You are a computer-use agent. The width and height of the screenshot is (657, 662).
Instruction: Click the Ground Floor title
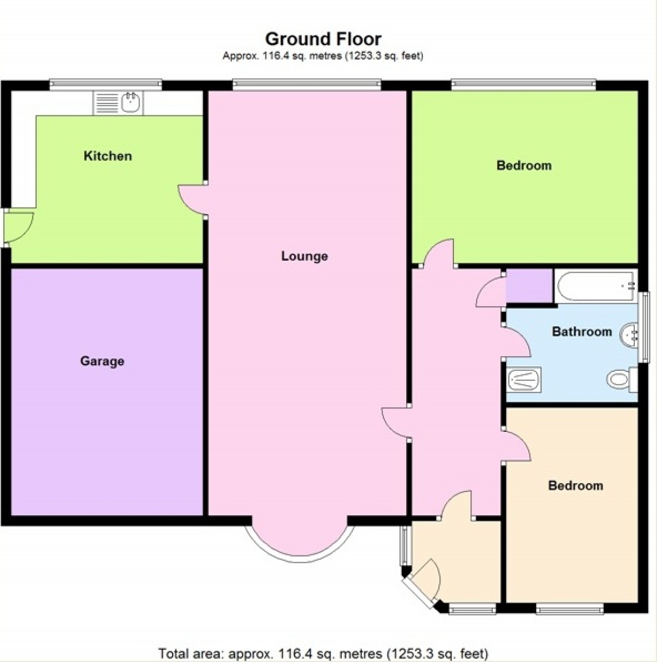[x=323, y=39]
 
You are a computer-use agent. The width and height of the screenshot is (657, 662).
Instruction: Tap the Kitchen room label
[x=108, y=156]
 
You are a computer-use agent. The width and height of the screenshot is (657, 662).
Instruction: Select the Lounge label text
[x=304, y=256]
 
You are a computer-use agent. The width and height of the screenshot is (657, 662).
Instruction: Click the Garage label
[x=102, y=361]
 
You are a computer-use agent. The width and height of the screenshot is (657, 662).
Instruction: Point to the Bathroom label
[x=582, y=332]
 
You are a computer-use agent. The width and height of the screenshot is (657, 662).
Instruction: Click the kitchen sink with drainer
[x=118, y=102]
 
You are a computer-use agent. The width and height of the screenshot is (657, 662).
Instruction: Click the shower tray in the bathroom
[x=524, y=380]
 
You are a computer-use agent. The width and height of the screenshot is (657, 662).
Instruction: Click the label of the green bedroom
[x=524, y=165]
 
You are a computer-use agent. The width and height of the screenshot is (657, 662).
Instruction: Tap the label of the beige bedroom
[x=575, y=486]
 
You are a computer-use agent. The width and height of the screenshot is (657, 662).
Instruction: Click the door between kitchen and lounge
[x=193, y=200]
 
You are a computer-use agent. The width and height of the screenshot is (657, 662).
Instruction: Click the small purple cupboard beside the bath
[x=528, y=286]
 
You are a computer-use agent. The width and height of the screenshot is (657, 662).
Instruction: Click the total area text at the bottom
[x=323, y=653]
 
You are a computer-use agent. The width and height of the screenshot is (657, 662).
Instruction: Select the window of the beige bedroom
[x=569, y=609]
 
